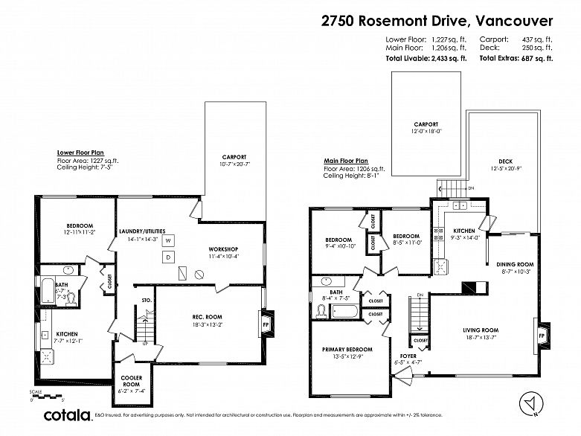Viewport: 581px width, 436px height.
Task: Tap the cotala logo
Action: pyautogui.click(x=68, y=414)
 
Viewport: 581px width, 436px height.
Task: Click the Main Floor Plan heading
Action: pyautogui.click(x=345, y=161)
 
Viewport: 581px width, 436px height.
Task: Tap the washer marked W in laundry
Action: pyautogui.click(x=168, y=241)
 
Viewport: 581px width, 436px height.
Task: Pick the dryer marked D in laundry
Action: pyautogui.click(x=168, y=257)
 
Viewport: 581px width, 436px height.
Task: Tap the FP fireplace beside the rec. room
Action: pyautogui.click(x=266, y=324)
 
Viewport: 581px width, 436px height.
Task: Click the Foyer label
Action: pyautogui.click(x=408, y=356)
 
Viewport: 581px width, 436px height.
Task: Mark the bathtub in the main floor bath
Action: pyautogui.click(x=344, y=310)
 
